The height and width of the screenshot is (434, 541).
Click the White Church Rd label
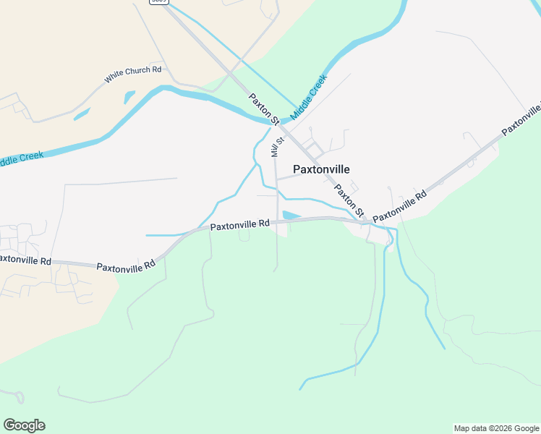tap(133, 73)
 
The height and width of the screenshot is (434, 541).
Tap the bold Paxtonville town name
tap(321, 169)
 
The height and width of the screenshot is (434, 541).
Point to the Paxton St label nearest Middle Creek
tap(263, 109)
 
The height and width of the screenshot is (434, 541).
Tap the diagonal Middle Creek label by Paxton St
tap(309, 95)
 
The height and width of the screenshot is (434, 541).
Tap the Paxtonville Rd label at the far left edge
tap(25, 260)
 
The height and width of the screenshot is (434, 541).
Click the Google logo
tap(24, 425)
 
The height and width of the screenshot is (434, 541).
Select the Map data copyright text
tap(496, 428)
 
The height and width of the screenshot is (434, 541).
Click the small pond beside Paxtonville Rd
tap(291, 216)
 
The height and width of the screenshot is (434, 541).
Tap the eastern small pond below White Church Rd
tap(129, 96)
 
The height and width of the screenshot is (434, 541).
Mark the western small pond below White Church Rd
tap(81, 114)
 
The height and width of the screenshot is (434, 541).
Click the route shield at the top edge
tap(160, 1)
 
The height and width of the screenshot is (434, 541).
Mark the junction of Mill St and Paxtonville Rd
tap(276, 221)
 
